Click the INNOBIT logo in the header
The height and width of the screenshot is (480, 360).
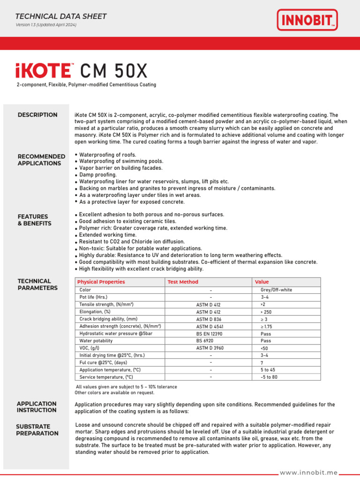tap(307, 20)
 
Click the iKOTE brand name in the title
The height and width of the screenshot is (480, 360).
tap(43, 71)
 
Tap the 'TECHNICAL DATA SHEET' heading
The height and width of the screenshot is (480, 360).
tap(61, 16)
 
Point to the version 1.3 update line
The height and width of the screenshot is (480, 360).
tap(46, 25)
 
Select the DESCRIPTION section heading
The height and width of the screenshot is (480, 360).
tap(37, 115)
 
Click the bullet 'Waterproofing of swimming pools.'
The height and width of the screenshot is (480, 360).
tap(121, 161)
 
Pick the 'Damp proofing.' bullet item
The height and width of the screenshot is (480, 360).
tap(98, 174)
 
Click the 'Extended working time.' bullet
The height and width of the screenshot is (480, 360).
tap(108, 234)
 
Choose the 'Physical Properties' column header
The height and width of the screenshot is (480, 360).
tap(101, 282)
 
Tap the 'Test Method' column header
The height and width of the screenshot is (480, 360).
tap(183, 282)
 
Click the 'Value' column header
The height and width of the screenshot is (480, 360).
tap(262, 282)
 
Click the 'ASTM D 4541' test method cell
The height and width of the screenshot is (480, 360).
tap(210, 326)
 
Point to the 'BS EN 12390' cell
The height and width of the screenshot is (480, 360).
tap(209, 334)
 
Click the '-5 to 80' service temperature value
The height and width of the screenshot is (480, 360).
tap(269, 377)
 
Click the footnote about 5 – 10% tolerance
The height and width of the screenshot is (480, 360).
tap(127, 387)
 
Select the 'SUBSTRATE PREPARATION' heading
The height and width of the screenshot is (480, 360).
tap(37, 430)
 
